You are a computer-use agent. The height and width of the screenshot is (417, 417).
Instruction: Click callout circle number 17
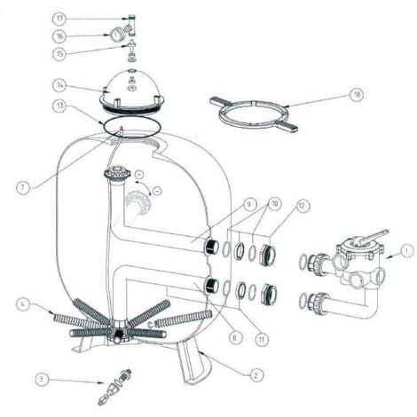83,19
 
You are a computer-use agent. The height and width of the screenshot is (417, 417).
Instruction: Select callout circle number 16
83,35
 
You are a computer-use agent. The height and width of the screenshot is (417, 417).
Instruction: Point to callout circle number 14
83,86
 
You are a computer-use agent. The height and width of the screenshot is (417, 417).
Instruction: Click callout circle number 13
83,105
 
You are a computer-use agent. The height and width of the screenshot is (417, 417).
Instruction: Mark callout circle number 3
41,379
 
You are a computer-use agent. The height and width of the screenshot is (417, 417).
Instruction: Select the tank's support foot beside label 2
190,364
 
